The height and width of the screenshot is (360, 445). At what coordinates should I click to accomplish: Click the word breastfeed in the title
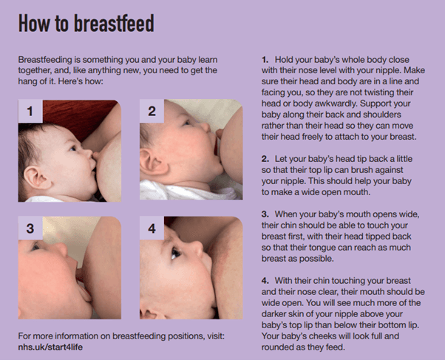click(x=114, y=23)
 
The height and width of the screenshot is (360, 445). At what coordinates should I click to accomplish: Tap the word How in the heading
click(x=33, y=23)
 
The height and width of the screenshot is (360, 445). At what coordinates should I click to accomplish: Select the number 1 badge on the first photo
click(x=30, y=111)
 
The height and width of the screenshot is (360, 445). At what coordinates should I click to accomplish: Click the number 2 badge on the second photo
click(x=152, y=111)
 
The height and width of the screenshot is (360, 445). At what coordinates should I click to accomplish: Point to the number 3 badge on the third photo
click(x=30, y=228)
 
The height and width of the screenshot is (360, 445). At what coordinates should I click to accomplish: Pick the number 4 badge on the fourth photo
click(x=152, y=228)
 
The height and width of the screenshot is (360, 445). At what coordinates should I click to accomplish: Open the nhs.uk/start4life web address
click(x=50, y=347)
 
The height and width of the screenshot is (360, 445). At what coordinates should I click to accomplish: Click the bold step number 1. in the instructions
click(x=265, y=60)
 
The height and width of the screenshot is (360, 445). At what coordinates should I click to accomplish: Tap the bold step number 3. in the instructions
click(x=265, y=214)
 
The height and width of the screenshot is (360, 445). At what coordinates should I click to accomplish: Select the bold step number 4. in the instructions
click(x=265, y=280)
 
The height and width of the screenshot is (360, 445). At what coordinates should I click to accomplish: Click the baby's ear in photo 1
click(x=37, y=177)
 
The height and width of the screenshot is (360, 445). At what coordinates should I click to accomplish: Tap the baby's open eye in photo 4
click(x=175, y=253)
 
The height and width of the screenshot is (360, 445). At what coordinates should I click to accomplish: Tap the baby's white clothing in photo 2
click(x=187, y=191)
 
